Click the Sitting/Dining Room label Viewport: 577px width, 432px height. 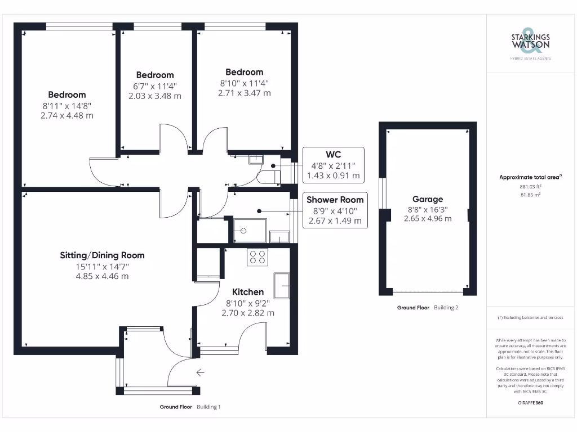(x=102, y=255)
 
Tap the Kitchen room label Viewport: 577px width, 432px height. (x=248, y=292)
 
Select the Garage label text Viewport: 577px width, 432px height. (x=428, y=199)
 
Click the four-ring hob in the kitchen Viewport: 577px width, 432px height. (x=258, y=257)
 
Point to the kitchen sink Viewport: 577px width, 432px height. (x=281, y=285)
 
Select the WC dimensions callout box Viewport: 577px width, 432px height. (x=333, y=165)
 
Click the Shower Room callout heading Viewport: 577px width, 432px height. (x=335, y=200)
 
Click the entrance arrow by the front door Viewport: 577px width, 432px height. (x=200, y=372)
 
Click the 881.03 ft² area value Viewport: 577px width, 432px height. (x=530, y=187)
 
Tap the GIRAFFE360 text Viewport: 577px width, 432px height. (x=530, y=403)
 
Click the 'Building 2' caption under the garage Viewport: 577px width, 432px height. (x=446, y=308)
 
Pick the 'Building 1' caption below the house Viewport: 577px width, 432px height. (x=208, y=407)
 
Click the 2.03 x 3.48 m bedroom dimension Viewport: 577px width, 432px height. (x=155, y=96)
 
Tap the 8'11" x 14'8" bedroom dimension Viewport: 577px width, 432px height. (x=67, y=105)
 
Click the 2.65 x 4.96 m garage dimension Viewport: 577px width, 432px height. (x=428, y=219)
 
